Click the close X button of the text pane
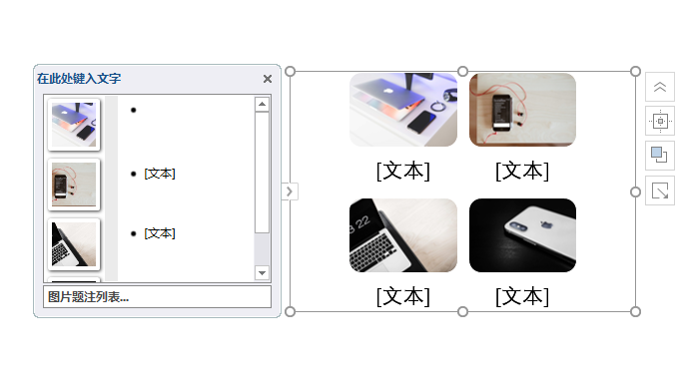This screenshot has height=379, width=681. (x=268, y=79)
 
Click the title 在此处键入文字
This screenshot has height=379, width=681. (x=79, y=79)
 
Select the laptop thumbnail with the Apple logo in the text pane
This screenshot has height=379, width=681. (x=74, y=125)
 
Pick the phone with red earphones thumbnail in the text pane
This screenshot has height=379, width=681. (x=74, y=185)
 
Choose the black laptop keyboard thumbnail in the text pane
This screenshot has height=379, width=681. (x=74, y=244)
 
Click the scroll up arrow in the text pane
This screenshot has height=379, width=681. (x=262, y=104)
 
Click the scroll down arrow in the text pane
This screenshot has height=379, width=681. (x=262, y=272)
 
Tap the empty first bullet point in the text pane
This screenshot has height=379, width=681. (x=134, y=110)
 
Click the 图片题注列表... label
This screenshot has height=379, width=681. (x=88, y=297)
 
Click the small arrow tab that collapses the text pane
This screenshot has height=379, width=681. (x=290, y=191)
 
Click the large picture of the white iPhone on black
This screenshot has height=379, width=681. (x=522, y=235)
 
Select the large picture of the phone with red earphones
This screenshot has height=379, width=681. (x=522, y=110)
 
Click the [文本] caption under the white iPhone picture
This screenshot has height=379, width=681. (x=522, y=296)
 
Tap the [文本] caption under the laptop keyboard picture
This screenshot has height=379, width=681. (x=403, y=296)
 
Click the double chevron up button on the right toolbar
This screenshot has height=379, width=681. (x=660, y=87)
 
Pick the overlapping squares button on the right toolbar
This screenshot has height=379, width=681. (x=660, y=156)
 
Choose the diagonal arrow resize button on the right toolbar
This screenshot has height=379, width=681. (x=660, y=190)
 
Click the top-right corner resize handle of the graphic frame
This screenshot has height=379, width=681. (x=635, y=71)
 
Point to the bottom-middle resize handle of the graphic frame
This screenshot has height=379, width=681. (x=463, y=312)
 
